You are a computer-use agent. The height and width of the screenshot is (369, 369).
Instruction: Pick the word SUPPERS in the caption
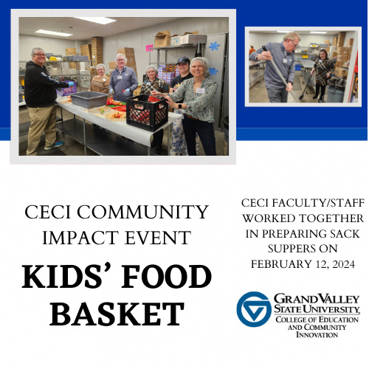(303, 248)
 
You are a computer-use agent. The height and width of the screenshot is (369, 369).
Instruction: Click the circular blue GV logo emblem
(254, 309)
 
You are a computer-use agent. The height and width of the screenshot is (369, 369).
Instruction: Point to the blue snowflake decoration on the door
(214, 45)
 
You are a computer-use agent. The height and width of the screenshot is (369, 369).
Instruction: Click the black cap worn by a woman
(183, 61)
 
